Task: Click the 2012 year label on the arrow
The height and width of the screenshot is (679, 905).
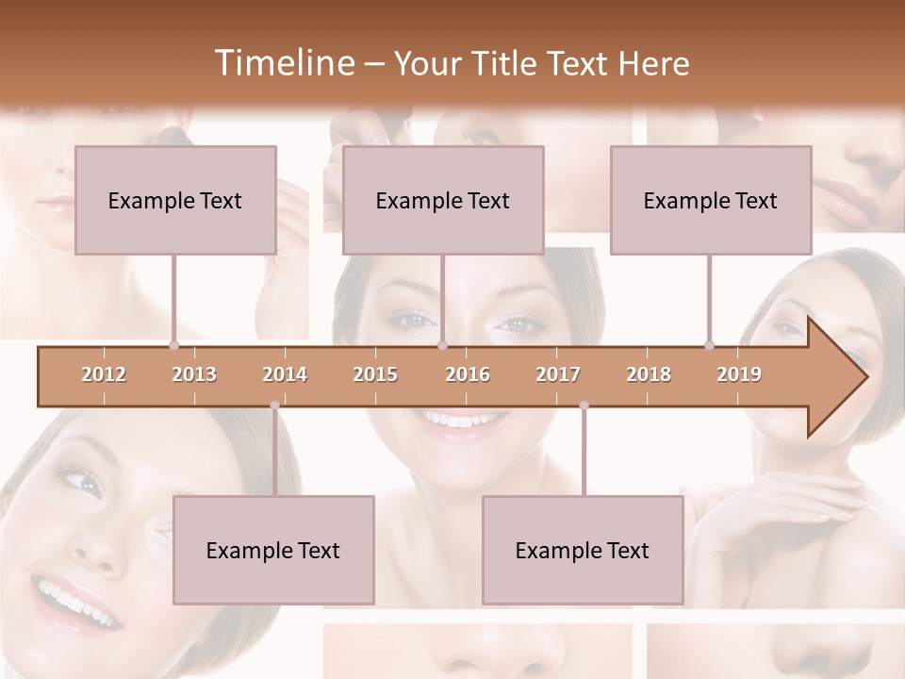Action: (x=104, y=374)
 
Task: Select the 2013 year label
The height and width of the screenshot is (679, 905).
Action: (x=194, y=374)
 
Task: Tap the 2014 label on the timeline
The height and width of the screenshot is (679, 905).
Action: (x=285, y=374)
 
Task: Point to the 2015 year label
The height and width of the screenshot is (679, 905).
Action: (x=375, y=374)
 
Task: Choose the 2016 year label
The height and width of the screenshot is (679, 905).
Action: (x=468, y=374)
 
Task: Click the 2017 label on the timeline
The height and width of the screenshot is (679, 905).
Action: (x=558, y=374)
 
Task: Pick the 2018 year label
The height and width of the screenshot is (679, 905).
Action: (x=649, y=374)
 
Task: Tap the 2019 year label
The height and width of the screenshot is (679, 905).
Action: (x=739, y=374)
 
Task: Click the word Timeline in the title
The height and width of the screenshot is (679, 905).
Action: (x=283, y=63)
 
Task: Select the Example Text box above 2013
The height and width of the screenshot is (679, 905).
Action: (x=175, y=200)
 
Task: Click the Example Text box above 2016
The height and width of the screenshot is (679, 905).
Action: (x=443, y=200)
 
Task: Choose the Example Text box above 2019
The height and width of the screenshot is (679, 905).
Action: (x=711, y=200)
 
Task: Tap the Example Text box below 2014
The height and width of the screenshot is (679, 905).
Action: (x=273, y=550)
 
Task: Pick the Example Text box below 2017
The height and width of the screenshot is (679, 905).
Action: (x=583, y=550)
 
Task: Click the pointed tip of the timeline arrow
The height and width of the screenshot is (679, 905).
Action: (x=864, y=377)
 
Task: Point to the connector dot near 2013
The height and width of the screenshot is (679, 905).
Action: (x=173, y=345)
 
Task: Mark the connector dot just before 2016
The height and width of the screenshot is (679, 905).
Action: (x=442, y=345)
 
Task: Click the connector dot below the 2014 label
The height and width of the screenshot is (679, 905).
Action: (x=274, y=406)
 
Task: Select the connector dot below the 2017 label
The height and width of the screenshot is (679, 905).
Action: (x=584, y=406)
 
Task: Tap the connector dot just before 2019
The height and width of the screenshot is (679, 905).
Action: (x=709, y=345)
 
